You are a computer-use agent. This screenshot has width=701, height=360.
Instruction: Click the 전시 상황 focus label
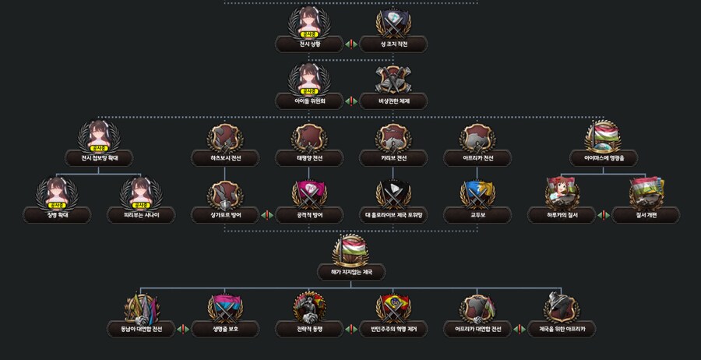tap(309, 44)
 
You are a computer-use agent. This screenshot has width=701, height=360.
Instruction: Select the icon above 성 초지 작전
tap(393, 24)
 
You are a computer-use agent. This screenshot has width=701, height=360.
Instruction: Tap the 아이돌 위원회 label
tap(309, 101)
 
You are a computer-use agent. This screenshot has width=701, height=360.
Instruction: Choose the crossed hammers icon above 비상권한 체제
tap(393, 80)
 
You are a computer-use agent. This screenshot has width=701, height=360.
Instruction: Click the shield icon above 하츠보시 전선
tap(225, 138)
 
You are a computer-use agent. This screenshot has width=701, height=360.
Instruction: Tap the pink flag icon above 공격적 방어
tap(309, 194)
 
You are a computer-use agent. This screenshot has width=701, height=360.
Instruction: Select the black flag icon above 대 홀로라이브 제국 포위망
tap(393, 194)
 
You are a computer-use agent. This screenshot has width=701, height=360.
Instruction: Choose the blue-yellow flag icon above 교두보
tap(477, 194)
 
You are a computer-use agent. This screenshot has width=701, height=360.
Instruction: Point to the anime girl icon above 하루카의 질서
tap(562, 194)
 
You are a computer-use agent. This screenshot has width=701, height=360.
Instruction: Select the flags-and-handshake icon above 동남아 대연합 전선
tap(141, 308)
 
